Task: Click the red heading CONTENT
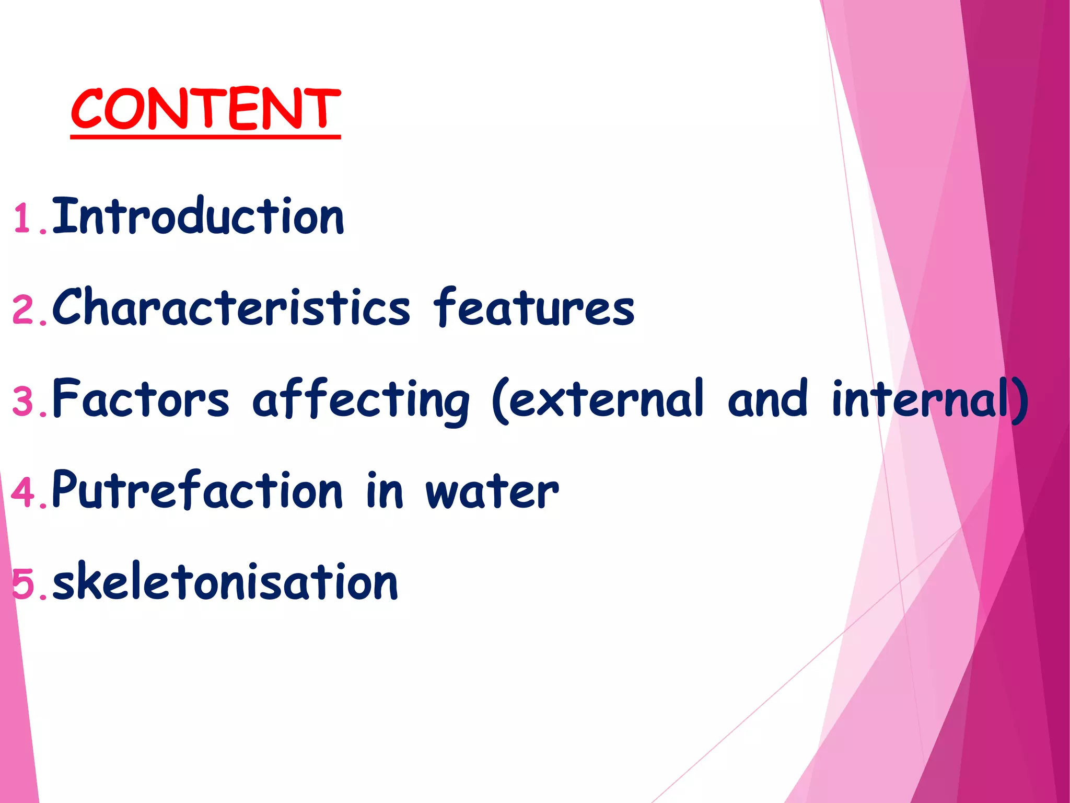[x=205, y=109]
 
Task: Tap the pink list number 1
[x=24, y=219]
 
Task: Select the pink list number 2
[x=24, y=311]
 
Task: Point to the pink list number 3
[x=24, y=401]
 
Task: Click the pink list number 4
[x=24, y=492]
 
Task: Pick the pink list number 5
[x=24, y=584]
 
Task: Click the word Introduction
[x=199, y=216]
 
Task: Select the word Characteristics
[x=231, y=307]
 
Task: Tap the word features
[x=534, y=307]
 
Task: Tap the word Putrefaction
[x=197, y=490]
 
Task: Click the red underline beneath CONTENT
[x=205, y=136]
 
